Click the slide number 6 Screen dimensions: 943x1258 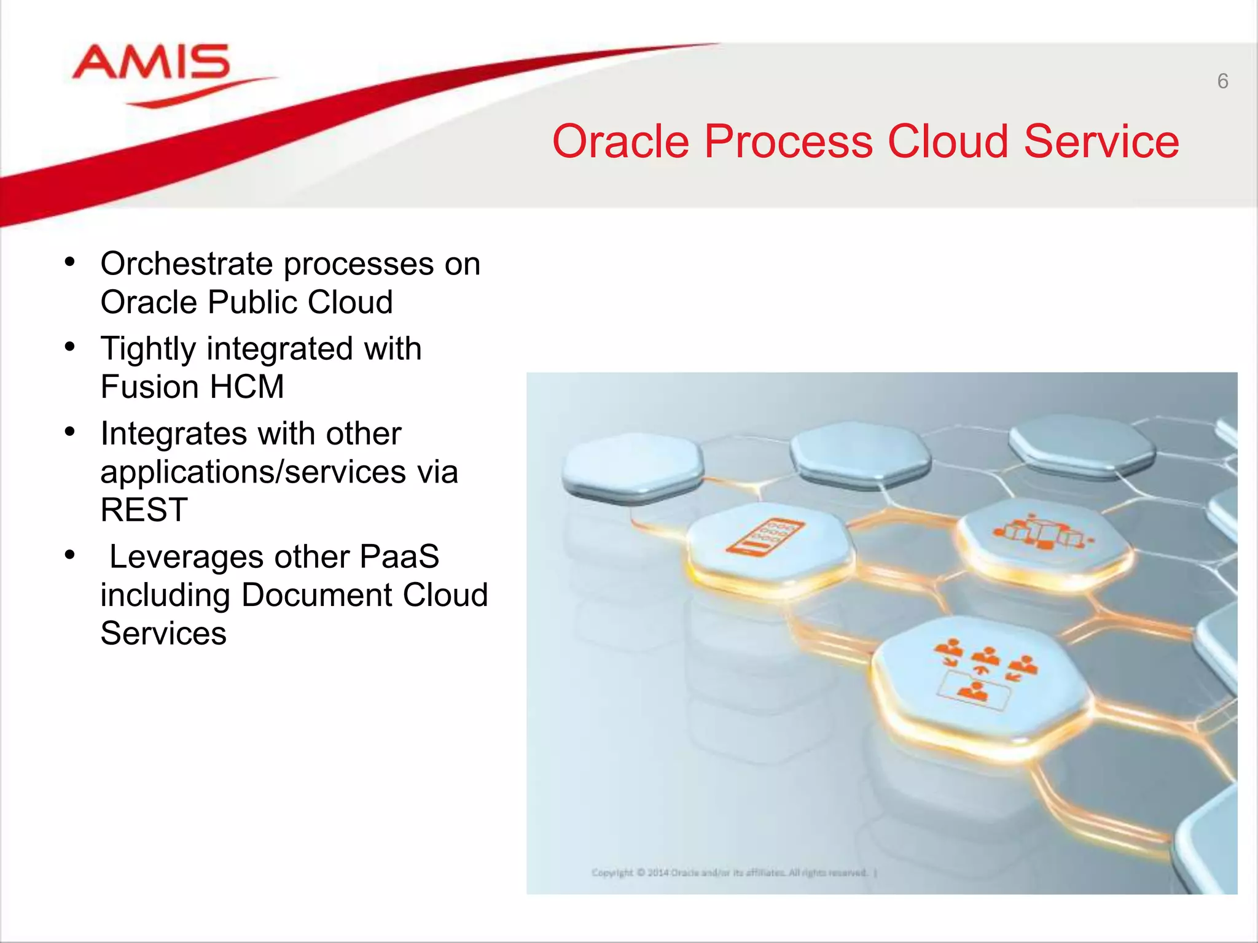point(1222,81)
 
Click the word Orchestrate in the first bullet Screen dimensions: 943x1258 point(186,264)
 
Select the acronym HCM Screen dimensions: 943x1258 point(246,387)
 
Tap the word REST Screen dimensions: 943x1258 point(144,510)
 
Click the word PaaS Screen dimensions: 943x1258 point(399,557)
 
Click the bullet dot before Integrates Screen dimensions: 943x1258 point(70,432)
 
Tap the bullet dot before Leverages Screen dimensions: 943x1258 point(70,555)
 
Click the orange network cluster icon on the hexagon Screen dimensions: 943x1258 point(1041,532)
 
